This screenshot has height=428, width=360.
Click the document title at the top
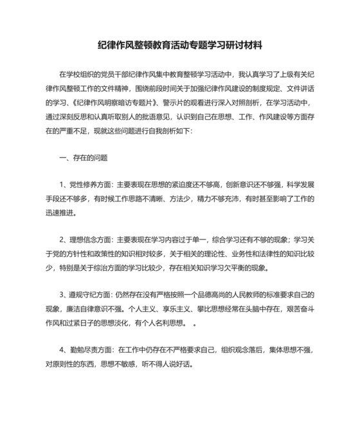click(x=180, y=46)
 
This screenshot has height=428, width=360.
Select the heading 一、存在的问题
click(x=83, y=157)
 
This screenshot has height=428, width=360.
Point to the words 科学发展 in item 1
click(x=301, y=184)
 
